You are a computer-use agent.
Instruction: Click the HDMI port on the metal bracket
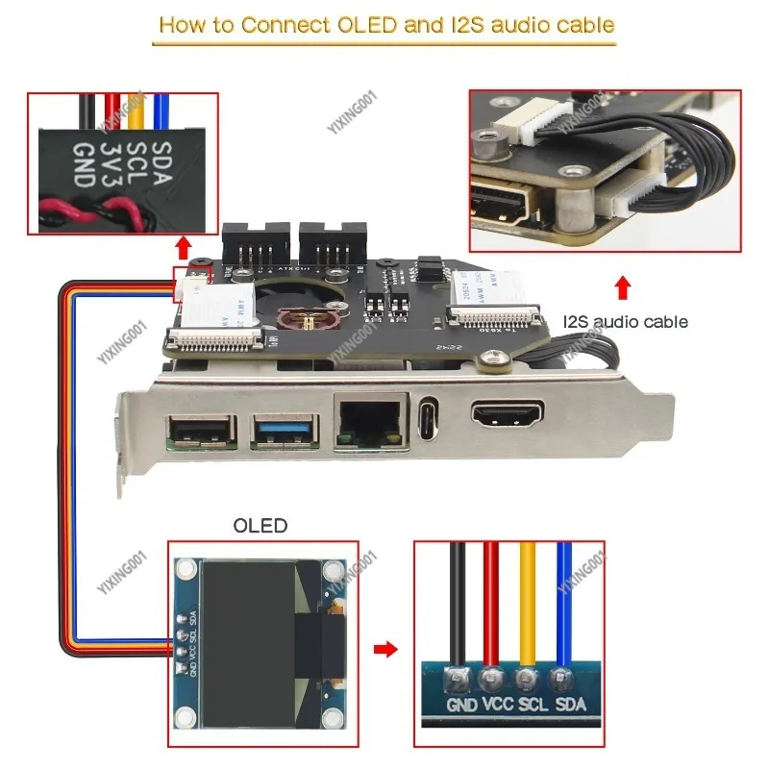(x=506, y=414)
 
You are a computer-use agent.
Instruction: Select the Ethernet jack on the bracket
(x=369, y=422)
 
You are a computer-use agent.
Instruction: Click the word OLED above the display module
(x=260, y=526)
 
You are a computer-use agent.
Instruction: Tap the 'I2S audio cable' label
(x=626, y=322)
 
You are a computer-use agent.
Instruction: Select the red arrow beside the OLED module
(x=384, y=650)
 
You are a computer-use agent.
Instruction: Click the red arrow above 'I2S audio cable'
(x=623, y=286)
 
